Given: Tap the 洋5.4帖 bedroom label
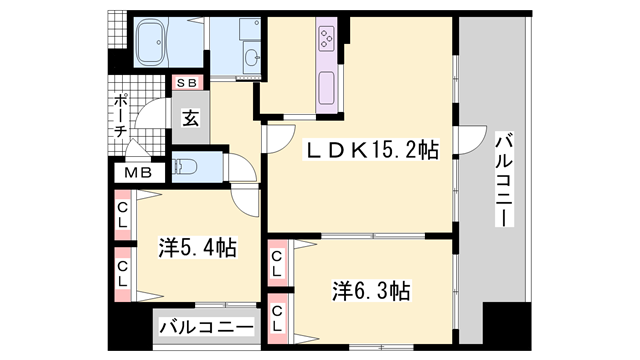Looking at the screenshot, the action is (x=198, y=248).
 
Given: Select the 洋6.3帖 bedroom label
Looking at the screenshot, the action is (x=371, y=291).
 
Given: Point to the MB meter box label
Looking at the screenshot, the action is (x=139, y=173).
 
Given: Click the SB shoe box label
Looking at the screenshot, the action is (x=187, y=83).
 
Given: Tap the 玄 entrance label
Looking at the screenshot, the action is (x=191, y=118).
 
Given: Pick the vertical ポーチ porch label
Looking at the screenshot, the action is (x=120, y=116).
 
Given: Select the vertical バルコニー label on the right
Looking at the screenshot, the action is (x=504, y=180).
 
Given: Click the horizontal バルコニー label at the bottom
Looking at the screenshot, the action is (x=207, y=327).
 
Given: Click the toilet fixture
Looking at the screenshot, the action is (x=185, y=167).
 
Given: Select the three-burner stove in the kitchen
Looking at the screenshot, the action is (x=327, y=39).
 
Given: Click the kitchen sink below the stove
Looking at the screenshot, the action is (x=327, y=88).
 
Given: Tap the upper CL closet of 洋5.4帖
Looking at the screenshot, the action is (x=123, y=215).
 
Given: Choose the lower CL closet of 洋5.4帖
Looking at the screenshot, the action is (x=123, y=274).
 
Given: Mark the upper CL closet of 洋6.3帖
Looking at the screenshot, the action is (x=277, y=263).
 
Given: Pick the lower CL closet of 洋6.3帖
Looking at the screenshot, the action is (x=277, y=319).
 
